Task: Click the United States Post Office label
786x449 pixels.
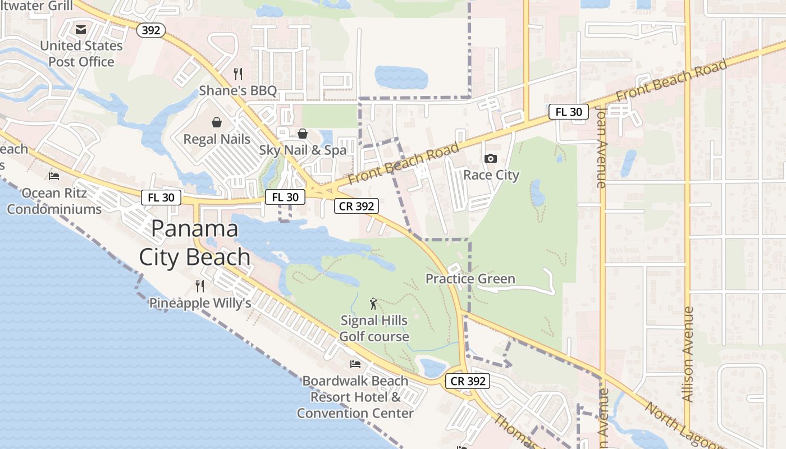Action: [81, 53]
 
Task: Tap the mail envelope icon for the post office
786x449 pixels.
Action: [81, 29]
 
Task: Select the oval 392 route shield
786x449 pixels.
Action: [151, 30]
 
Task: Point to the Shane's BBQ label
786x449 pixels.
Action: [238, 90]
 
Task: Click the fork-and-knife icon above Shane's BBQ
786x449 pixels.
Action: [238, 74]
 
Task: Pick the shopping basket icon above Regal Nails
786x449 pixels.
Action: [217, 122]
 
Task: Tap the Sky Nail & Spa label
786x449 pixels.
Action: [303, 150]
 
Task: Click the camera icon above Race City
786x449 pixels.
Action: [491, 159]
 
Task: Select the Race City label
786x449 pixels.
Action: [491, 175]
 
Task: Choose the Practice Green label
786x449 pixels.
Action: [470, 279]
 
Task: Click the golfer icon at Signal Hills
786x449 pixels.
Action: [374, 304]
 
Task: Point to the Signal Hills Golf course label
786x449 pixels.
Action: [374, 328]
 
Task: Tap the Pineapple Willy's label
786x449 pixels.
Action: [200, 303]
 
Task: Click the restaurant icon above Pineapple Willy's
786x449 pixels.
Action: [200, 286]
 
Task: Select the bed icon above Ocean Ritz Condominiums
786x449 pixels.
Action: [54, 176]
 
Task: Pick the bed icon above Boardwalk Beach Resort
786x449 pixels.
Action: [355, 364]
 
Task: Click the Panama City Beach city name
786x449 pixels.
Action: [195, 242]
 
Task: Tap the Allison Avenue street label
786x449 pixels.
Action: [688, 354]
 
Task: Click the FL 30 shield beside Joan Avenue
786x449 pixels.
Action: [569, 112]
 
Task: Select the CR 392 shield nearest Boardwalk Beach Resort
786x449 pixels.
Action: [468, 381]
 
